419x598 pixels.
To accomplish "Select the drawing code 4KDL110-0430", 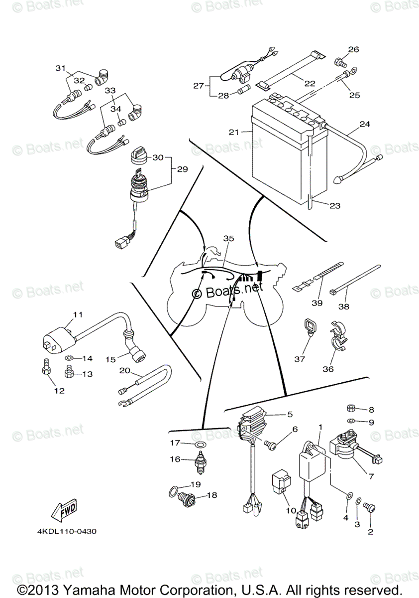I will click(x=66, y=531).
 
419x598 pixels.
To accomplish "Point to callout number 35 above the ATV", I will click(x=228, y=239).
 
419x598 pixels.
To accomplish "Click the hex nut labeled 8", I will click(x=350, y=409).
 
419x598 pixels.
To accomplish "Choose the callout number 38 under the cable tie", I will click(x=343, y=307).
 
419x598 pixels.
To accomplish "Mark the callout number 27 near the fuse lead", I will click(x=199, y=85).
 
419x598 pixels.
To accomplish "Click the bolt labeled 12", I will click(x=43, y=369).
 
